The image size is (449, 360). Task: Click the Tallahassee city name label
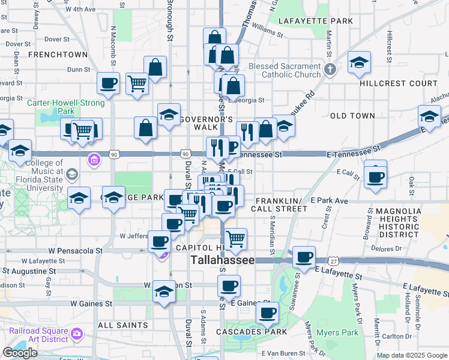tap(223, 260)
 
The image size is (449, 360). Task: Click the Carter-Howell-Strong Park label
tap(66, 107)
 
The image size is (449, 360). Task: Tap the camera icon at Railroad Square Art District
tap(77, 334)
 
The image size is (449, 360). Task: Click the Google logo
tap(20, 353)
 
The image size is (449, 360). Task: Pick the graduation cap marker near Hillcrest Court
tap(359, 62)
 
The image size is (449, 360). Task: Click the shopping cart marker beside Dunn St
tap(137, 83)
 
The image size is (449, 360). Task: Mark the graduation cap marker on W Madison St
tap(164, 291)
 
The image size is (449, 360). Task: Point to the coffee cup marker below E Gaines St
tap(267, 312)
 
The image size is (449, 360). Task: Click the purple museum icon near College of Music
tap(94, 160)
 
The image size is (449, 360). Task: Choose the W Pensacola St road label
tap(77, 250)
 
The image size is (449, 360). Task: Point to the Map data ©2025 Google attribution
tap(412, 355)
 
